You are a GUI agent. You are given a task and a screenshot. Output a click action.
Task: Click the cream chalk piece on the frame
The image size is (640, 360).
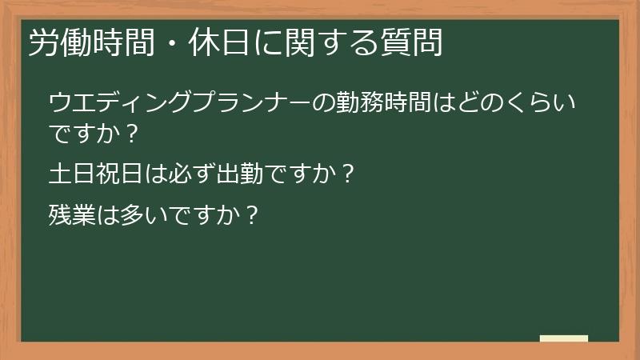coord(563,339)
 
